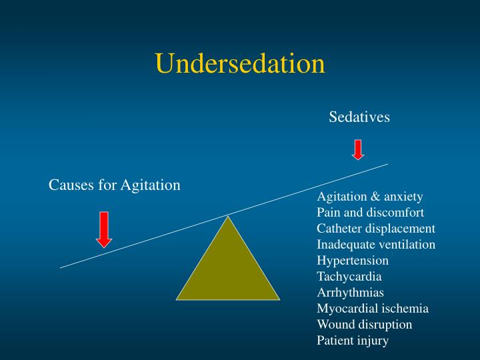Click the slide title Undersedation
pos(240,63)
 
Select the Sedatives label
pos(359,117)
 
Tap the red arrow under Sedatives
pos(358,149)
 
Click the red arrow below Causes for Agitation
pos(103,229)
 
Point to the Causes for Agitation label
pos(115,185)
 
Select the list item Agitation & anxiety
pos(369,197)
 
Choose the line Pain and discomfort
pos(370,213)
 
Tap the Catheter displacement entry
pos(375,229)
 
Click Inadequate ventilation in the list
pos(376,245)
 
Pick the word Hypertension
pos(352,261)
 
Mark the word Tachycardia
pos(349,277)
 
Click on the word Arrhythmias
pos(350,293)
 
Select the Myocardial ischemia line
pos(372,309)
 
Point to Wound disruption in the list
pos(364,325)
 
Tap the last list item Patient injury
pos(352,341)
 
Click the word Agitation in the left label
pos(151,185)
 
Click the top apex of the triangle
pos(228,217)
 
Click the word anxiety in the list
pos(403,197)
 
